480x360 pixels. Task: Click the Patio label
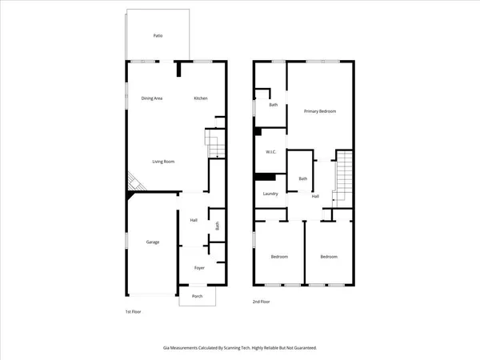pyautogui.click(x=158, y=36)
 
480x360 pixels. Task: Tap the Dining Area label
pyautogui.click(x=152, y=98)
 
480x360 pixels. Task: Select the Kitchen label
pyautogui.click(x=201, y=98)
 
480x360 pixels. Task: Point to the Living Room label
pyautogui.click(x=164, y=162)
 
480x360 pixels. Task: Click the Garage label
pyautogui.click(x=152, y=242)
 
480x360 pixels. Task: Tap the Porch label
pyautogui.click(x=197, y=296)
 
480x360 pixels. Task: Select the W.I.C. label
pyautogui.click(x=271, y=153)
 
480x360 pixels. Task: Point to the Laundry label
pyautogui.click(x=270, y=194)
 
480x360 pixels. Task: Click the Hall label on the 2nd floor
pyautogui.click(x=315, y=197)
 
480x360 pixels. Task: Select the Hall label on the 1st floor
pyautogui.click(x=194, y=221)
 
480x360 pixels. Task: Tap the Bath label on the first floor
pyautogui.click(x=216, y=226)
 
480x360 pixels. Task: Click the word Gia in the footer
pyautogui.click(x=166, y=349)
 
